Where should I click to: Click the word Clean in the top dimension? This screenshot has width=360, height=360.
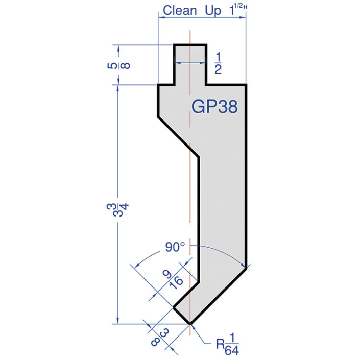coord(179,11)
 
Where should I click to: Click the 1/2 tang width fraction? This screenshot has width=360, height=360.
coord(218,63)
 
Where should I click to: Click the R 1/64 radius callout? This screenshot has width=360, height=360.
coord(228,346)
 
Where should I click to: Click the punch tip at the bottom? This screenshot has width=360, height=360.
coord(190,323)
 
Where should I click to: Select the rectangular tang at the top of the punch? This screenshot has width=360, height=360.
coord(190,64)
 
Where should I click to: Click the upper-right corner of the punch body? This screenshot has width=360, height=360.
coord(246,85)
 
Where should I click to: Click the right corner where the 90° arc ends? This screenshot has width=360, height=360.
coord(247,267)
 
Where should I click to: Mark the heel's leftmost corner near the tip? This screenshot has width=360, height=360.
coord(174,307)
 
